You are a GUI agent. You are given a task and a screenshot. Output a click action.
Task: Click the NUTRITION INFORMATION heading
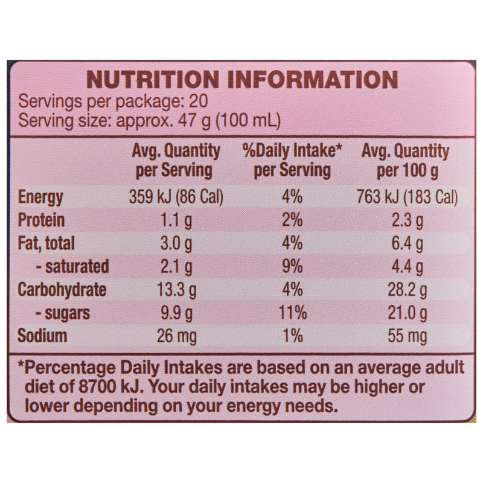tap(242, 80)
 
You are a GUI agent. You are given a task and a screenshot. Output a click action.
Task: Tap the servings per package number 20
tap(199, 101)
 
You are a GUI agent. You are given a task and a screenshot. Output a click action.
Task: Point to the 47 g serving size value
tap(194, 120)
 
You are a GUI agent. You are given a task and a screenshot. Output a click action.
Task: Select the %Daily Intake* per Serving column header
tap(292, 161)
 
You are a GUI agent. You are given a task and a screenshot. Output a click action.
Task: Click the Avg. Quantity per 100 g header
tap(406, 161)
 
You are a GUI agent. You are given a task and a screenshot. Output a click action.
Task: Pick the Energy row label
tap(40, 197)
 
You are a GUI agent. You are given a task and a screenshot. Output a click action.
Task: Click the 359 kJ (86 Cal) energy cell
tap(176, 197)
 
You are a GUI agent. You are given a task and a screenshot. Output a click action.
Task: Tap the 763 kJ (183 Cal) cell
tap(407, 197)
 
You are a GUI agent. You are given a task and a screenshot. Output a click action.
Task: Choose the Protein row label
tap(41, 220)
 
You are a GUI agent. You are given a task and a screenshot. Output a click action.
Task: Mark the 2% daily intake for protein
tap(292, 220)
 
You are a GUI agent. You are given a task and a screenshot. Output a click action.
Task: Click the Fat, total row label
tap(46, 243)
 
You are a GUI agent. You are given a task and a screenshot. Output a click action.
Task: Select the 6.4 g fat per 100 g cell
tap(407, 244)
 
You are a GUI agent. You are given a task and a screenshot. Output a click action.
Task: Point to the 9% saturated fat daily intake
tap(292, 266)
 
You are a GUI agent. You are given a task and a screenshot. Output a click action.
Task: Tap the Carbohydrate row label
tap(62, 290)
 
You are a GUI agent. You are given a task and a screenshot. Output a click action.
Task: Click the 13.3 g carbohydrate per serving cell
tap(176, 290)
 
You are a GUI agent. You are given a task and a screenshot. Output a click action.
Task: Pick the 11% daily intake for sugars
tap(293, 313)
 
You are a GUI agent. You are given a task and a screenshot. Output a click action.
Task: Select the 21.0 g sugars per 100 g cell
tap(407, 313)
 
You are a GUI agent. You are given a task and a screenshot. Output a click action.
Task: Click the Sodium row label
tap(42, 336)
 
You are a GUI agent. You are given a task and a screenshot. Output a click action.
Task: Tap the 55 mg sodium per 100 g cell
tap(407, 336)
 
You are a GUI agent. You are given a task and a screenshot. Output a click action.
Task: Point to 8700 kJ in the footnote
tap(111, 387)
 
